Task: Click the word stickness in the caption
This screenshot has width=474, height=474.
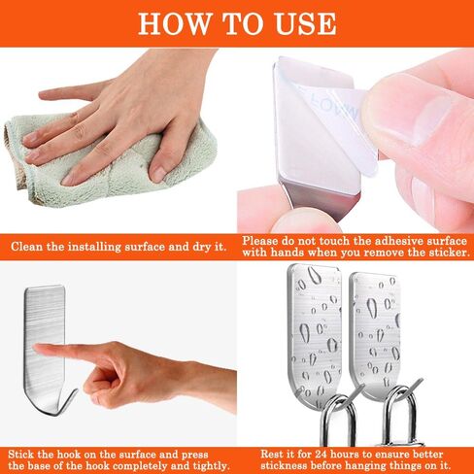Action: pos(284,466)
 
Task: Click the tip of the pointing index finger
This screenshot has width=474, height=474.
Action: pos(37,349)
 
